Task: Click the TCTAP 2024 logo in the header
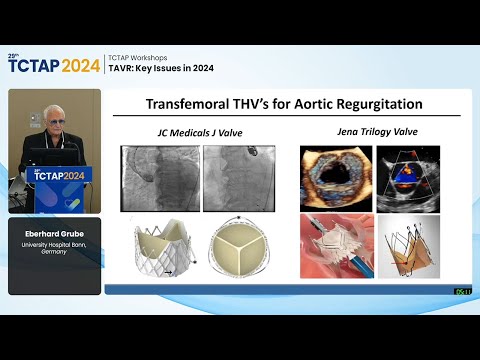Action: pyautogui.click(x=54, y=65)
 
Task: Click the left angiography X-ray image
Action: pyautogui.click(x=159, y=178)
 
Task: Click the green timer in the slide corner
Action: pyautogui.click(x=463, y=291)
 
